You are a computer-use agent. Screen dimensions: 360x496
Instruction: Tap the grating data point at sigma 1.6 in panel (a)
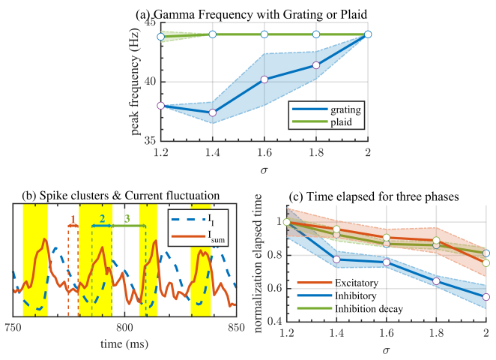[x=264, y=79]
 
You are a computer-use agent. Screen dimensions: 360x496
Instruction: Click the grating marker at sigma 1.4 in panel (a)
[x=212, y=112]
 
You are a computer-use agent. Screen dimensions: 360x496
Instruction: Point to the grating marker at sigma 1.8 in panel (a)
[x=315, y=65]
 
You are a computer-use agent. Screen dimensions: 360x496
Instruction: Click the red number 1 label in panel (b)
[x=73, y=218]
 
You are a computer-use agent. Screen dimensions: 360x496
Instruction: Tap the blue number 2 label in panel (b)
[x=102, y=218]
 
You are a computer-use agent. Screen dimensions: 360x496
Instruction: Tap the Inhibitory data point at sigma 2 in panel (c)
[x=486, y=297]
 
